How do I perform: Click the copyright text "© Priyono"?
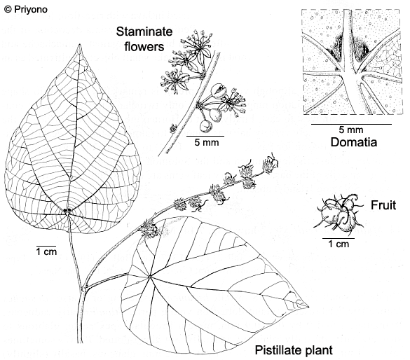click(26, 9)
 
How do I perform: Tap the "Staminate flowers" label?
click(144, 39)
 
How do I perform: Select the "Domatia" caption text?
click(354, 142)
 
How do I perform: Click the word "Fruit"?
click(383, 205)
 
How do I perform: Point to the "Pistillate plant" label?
click(294, 350)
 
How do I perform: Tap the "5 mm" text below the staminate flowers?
click(207, 142)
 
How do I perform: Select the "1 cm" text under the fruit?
click(339, 244)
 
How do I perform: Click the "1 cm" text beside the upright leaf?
click(46, 251)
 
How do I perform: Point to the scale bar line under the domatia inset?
click(351, 124)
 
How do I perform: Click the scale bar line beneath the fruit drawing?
click(339, 238)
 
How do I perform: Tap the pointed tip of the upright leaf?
click(79, 45)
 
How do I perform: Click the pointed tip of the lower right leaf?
click(308, 307)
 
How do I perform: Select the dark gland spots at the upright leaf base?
click(67, 210)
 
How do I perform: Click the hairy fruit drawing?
click(339, 212)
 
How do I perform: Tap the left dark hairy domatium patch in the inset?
click(336, 48)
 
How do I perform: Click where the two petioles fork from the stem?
click(84, 289)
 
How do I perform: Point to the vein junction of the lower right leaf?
click(150, 277)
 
